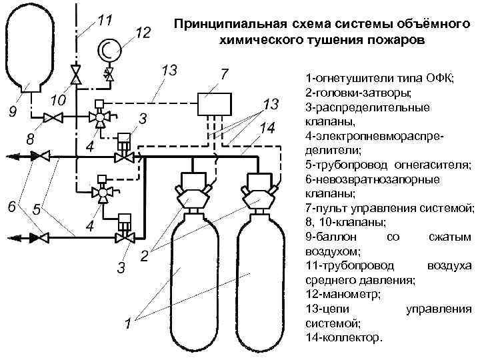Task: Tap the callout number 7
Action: point(225,72)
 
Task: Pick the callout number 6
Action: point(11,206)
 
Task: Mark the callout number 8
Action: point(29,140)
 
